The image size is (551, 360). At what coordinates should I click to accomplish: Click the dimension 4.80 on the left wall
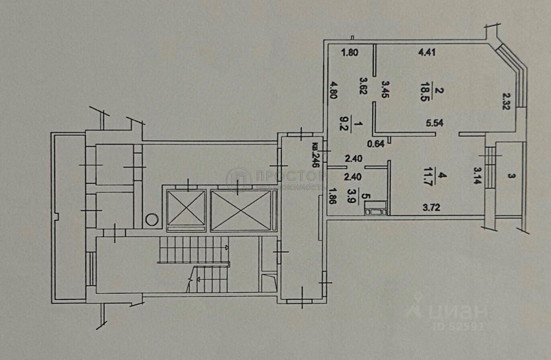(332, 91)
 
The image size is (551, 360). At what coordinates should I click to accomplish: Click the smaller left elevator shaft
(186, 208)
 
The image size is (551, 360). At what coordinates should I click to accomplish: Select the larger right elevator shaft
(241, 210)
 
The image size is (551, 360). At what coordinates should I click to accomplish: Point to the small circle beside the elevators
(152, 219)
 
